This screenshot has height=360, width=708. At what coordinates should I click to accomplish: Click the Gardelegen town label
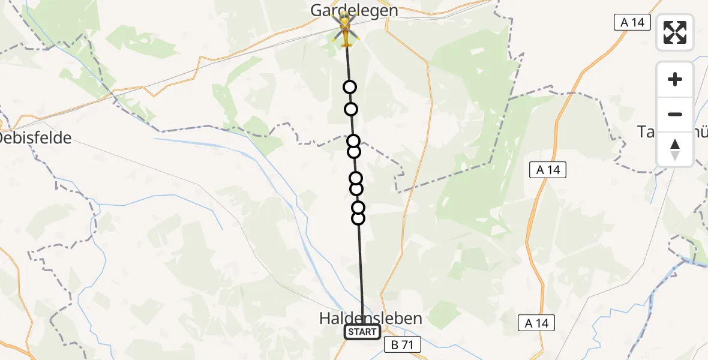tap(354, 10)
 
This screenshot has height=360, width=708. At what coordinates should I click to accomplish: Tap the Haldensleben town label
tap(370, 318)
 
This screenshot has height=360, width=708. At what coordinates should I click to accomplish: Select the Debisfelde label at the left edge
tap(35, 138)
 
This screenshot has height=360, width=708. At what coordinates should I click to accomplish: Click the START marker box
tap(362, 332)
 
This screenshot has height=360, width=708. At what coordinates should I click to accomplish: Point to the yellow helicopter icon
tap(345, 30)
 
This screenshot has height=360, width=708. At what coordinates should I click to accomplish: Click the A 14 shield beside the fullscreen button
tap(632, 23)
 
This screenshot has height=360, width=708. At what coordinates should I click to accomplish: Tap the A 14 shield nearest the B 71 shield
tap(536, 323)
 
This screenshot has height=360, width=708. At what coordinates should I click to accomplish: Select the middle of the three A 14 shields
tap(548, 170)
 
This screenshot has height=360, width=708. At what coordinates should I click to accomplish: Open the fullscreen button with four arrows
tap(675, 32)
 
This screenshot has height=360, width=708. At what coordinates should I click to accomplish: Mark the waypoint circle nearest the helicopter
tap(349, 88)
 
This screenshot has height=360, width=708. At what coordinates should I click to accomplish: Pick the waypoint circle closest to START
tap(358, 218)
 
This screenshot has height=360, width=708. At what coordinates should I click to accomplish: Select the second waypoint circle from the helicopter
tap(351, 109)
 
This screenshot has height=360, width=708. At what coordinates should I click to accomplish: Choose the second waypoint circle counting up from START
tap(358, 208)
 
